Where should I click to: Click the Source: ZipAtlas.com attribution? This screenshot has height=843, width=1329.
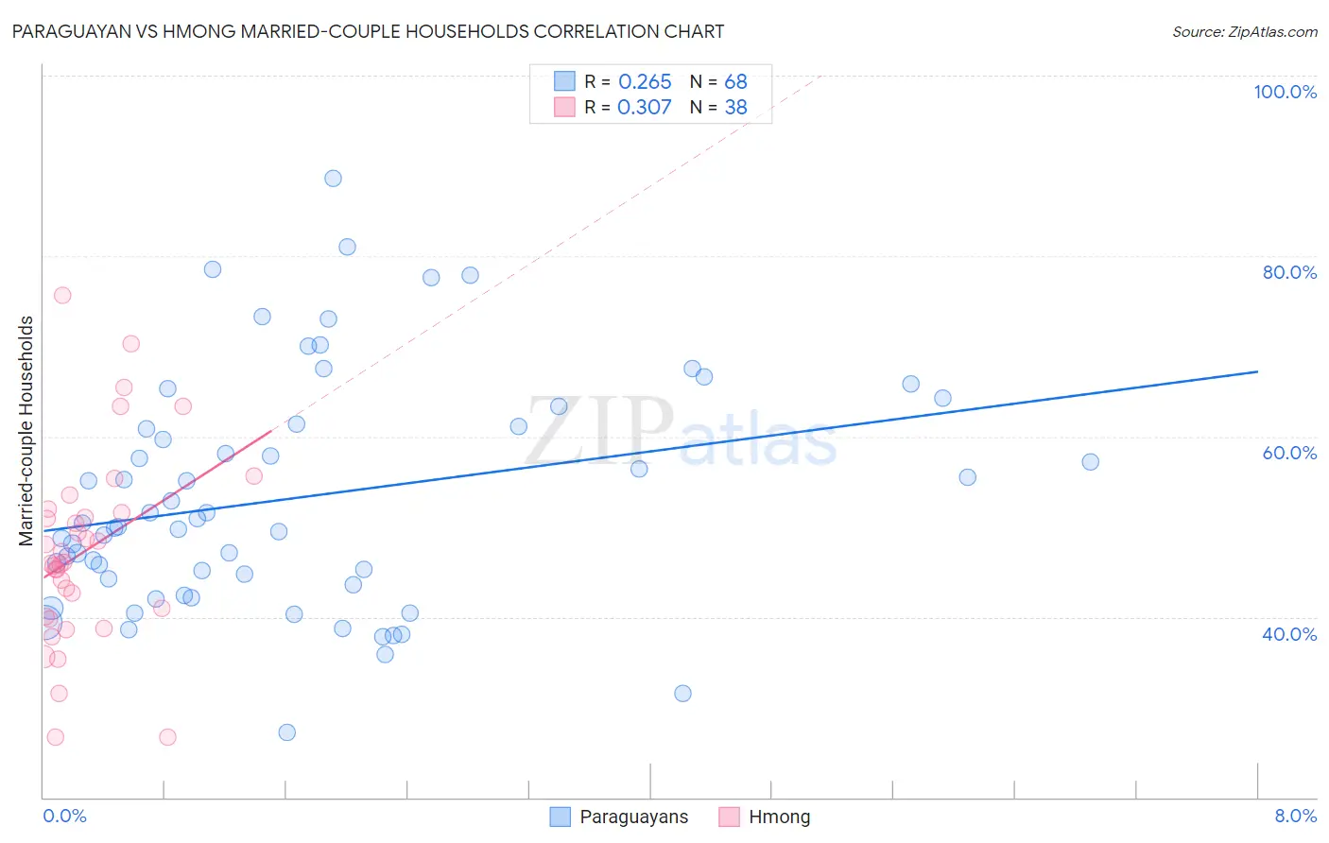(1244, 32)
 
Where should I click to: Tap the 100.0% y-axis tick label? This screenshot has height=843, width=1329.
(1285, 92)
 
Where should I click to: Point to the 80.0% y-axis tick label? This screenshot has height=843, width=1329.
(1289, 272)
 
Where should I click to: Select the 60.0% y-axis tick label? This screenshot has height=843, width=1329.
(1289, 453)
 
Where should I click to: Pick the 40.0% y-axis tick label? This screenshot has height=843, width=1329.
(1289, 634)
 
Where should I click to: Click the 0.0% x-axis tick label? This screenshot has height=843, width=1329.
(64, 816)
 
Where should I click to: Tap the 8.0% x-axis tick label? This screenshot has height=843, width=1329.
(1295, 816)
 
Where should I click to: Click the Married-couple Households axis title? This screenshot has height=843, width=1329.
(26, 431)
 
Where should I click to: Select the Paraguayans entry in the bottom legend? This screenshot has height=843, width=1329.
(633, 817)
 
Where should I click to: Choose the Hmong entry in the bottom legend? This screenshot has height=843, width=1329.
(779, 817)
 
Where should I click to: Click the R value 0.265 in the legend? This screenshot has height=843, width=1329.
(645, 82)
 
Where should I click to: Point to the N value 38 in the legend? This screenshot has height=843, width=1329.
(735, 108)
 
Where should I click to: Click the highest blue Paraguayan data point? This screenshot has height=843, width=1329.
(333, 179)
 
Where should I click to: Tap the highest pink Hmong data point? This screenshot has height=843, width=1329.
(62, 295)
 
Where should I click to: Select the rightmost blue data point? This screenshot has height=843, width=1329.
(1090, 462)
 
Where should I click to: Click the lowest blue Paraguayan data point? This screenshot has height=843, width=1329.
(287, 732)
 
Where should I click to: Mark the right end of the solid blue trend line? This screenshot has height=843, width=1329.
(1257, 371)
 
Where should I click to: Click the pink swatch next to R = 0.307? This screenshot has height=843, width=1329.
(564, 108)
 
